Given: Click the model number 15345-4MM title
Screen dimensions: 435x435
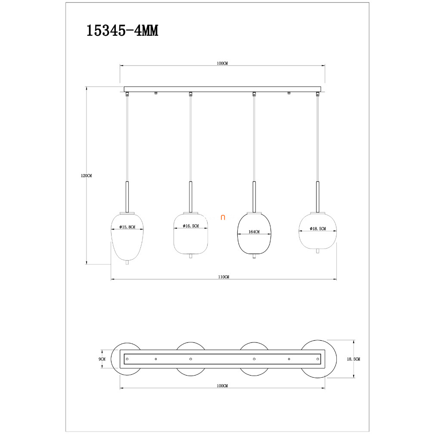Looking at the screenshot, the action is coord(122,31).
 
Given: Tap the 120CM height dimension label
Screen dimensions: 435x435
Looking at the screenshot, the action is coord(86,176).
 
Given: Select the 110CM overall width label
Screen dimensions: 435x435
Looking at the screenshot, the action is coord(224,277).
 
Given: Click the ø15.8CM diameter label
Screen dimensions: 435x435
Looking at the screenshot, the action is coord(127,227).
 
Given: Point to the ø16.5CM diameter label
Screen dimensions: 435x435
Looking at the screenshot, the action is coord(191,226).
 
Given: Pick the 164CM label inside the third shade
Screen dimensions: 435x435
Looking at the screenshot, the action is coord(254,232).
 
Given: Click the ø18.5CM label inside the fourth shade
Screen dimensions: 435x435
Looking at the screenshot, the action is coord(318,229).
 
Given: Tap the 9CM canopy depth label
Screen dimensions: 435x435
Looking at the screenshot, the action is coord(102,359).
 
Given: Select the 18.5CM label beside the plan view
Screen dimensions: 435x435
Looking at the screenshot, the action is coord(354,359).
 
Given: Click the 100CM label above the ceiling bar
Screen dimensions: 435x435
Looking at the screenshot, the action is coord(222,63).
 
